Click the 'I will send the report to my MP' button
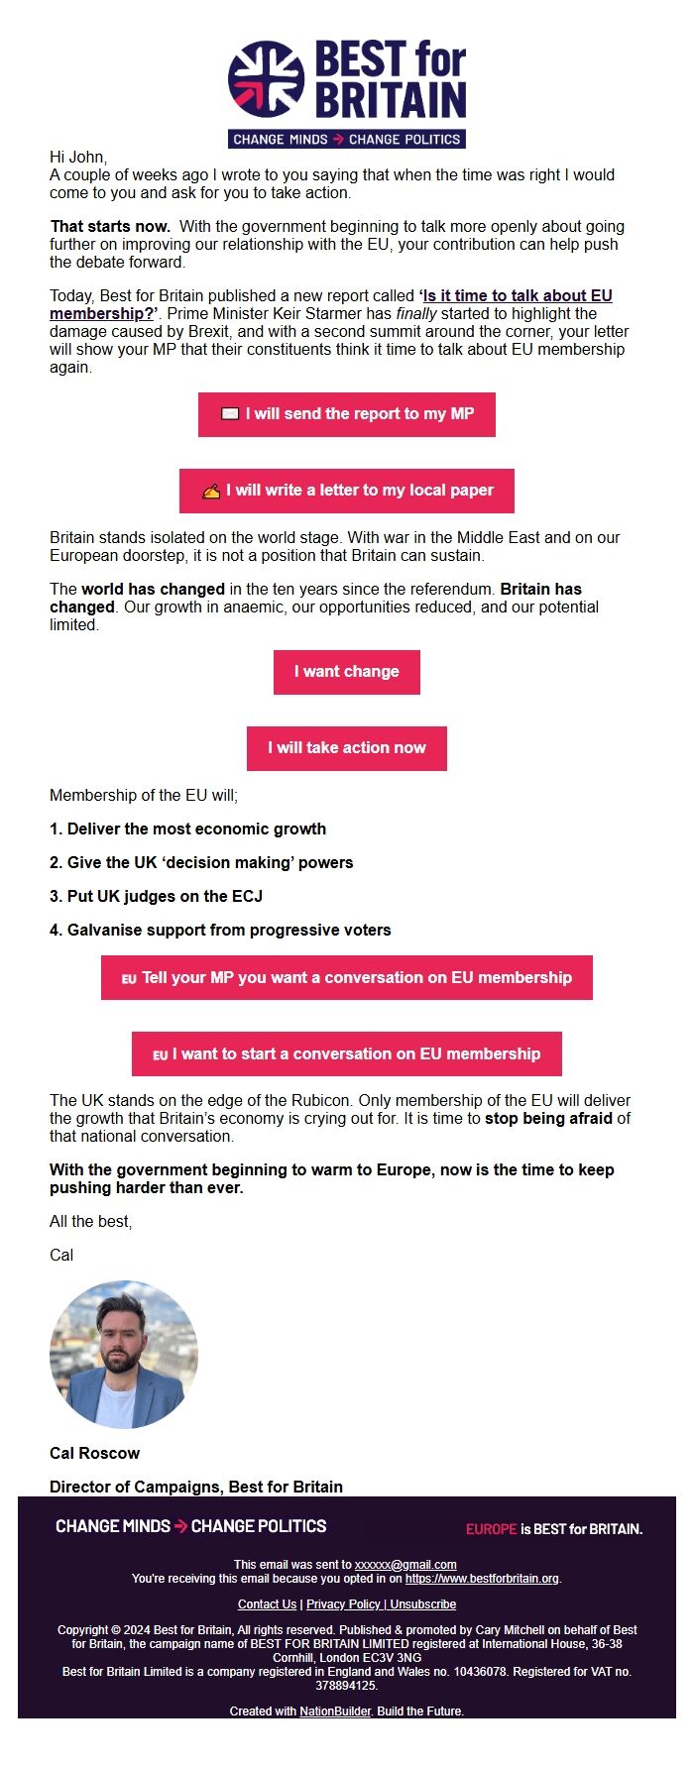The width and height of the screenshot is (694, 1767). [347, 414]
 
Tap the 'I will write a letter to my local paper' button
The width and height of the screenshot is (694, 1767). [347, 491]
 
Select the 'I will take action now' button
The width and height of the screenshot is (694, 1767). [347, 748]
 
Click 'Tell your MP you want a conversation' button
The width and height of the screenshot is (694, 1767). [347, 978]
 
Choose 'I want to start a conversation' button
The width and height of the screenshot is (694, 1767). [347, 1054]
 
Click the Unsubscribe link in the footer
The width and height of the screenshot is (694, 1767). [423, 1604]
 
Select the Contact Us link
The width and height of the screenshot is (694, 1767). [267, 1604]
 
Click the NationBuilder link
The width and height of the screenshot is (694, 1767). [335, 1712]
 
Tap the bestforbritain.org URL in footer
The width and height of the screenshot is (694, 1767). [482, 1579]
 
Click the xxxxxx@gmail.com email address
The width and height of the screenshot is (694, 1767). [405, 1565]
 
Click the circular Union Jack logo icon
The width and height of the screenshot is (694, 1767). [266, 79]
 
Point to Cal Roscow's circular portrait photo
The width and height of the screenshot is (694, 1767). [124, 1355]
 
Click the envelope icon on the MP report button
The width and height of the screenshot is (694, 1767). [230, 414]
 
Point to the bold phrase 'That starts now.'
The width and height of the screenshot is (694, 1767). [110, 227]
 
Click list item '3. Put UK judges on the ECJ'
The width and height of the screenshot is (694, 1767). [156, 897]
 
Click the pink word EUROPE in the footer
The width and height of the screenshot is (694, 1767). [491, 1529]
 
